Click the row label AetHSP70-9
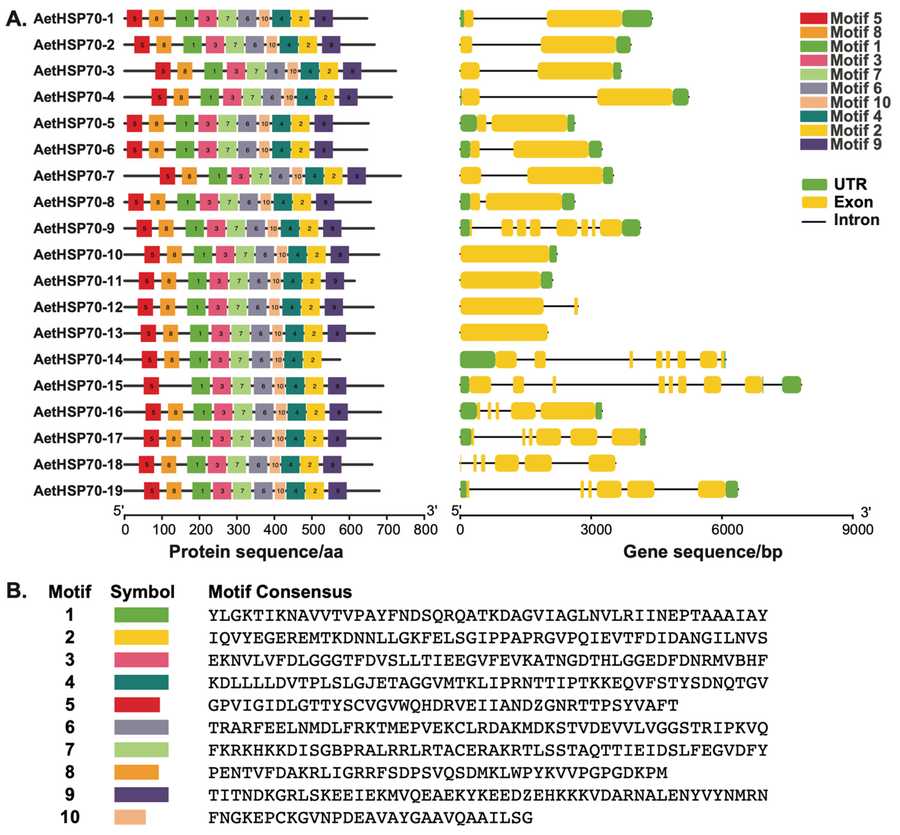point(74,228)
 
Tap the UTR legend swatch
point(814,184)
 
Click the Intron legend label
point(856,220)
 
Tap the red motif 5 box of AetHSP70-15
point(151,386)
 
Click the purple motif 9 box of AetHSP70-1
point(323,19)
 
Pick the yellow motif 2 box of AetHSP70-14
point(312,360)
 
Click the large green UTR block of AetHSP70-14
point(477,359)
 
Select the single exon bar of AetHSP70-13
point(504,333)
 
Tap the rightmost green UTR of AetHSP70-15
point(791,385)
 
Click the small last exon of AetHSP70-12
point(576,306)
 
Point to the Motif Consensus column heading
point(280,592)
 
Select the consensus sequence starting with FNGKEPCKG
point(370,817)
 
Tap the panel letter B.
point(16,590)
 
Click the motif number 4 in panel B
point(70,682)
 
